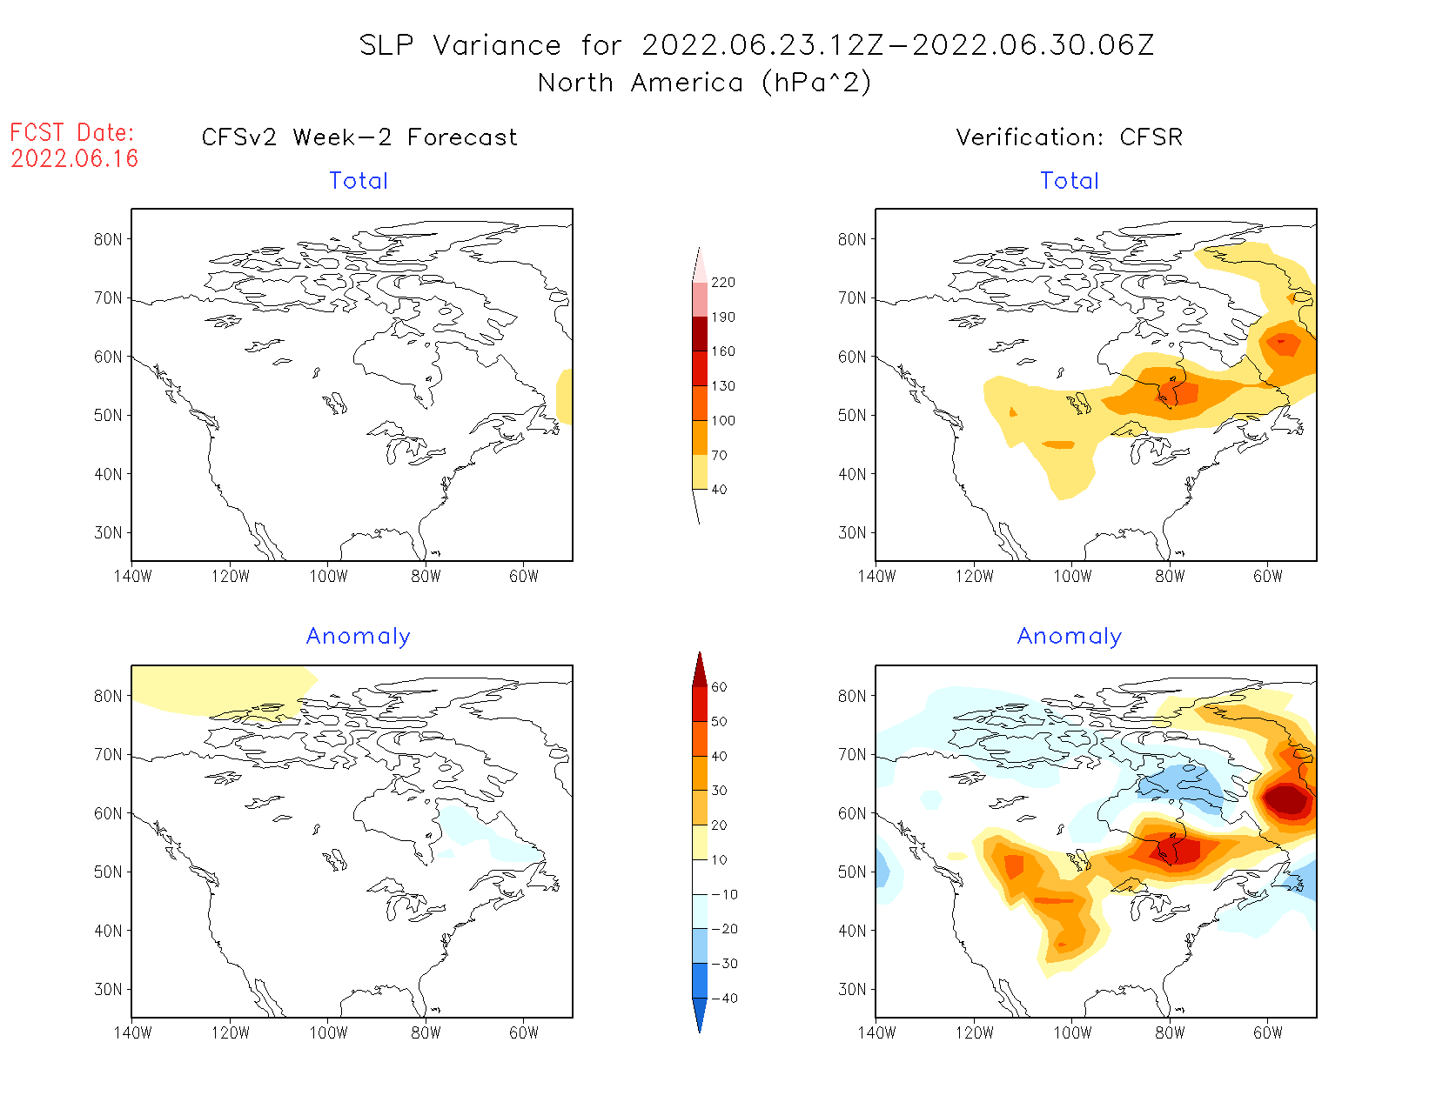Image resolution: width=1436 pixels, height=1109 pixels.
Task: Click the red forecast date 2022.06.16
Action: [x=75, y=158]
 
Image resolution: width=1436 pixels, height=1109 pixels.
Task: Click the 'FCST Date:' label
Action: [x=72, y=132]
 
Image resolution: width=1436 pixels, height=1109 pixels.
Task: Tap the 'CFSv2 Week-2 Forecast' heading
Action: [x=359, y=137]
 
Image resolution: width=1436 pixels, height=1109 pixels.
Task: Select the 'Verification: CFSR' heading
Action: [x=1069, y=137]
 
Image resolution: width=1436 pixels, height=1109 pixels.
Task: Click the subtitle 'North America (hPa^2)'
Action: [x=704, y=83]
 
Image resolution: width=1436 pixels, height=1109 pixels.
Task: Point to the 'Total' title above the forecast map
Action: [x=359, y=181]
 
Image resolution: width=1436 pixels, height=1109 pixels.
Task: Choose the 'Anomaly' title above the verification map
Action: [x=1069, y=637]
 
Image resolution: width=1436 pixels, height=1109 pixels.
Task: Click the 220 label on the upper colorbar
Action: [x=722, y=283]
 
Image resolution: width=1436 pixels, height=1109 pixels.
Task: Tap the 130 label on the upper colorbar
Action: [x=722, y=386]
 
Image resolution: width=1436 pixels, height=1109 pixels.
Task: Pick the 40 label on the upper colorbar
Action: [x=719, y=490]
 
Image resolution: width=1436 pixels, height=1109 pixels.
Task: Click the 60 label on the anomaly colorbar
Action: [x=719, y=687]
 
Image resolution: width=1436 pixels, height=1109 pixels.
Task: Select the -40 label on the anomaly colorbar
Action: [x=723, y=999]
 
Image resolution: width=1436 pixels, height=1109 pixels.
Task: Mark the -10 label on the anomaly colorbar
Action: [x=723, y=894]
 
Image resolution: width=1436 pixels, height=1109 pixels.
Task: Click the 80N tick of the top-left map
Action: [x=108, y=240]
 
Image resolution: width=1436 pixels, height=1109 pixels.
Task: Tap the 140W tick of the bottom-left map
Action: [x=132, y=1033]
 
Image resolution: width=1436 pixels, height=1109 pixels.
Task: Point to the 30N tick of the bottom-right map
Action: [x=852, y=990]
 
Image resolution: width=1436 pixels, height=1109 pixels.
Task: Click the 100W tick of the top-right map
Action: [x=1072, y=577]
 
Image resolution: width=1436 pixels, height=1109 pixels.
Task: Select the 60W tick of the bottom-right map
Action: [x=1268, y=1033]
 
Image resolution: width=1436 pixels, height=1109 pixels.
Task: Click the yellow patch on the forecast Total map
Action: [x=564, y=397]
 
